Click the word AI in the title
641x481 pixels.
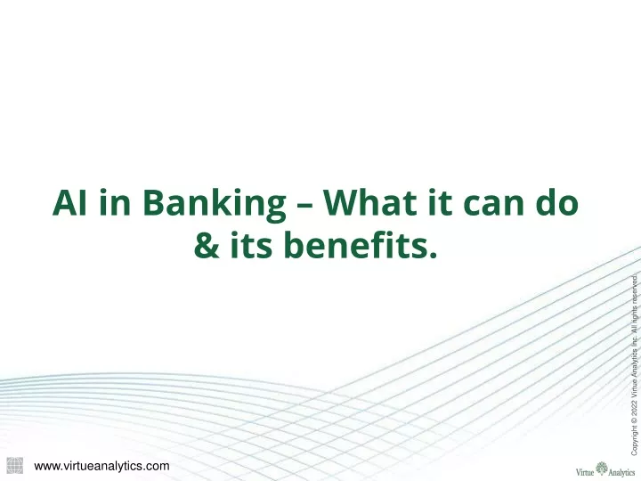(69, 202)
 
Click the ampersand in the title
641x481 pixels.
(207, 246)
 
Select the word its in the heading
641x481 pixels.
(251, 245)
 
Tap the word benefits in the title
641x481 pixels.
(355, 245)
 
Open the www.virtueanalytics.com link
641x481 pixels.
(101, 466)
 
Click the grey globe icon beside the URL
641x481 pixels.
(15, 466)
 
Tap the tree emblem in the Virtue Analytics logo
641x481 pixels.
(602, 469)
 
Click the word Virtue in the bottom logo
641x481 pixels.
(585, 472)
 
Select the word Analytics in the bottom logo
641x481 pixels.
(621, 473)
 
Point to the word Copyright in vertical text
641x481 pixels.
(634, 441)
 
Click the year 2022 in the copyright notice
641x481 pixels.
(634, 408)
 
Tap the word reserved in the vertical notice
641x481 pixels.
(634, 289)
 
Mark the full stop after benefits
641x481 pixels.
(434, 256)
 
